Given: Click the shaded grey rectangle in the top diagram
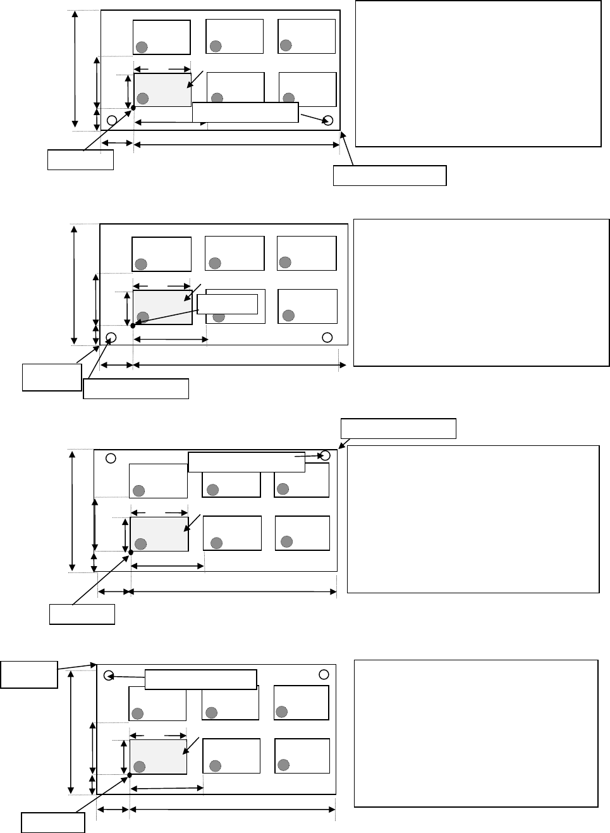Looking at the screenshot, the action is pyautogui.click(x=162, y=89).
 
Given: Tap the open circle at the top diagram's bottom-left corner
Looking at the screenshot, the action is pyautogui.click(x=112, y=120).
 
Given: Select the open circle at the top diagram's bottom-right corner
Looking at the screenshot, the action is pyautogui.click(x=328, y=121).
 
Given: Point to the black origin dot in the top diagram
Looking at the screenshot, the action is pyautogui.click(x=134, y=108).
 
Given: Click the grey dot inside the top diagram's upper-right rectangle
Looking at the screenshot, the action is pyautogui.click(x=286, y=45).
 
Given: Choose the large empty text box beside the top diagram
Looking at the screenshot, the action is pyautogui.click(x=478, y=74).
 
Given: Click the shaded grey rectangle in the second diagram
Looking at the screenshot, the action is pyautogui.click(x=162, y=307).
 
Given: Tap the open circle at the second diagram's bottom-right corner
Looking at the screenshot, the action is pyautogui.click(x=327, y=336).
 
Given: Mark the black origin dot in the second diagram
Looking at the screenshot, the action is pyautogui.click(x=133, y=326).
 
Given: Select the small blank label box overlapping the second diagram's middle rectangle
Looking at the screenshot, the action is pyautogui.click(x=228, y=304).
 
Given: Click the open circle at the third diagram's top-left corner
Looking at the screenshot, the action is pyautogui.click(x=110, y=458).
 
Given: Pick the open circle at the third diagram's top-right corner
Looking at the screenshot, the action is pyautogui.click(x=326, y=455).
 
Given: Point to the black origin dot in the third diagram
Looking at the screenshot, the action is pyautogui.click(x=131, y=552).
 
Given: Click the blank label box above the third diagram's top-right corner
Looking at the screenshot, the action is pyautogui.click(x=398, y=428).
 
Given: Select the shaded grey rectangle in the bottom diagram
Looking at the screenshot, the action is pyautogui.click(x=158, y=756).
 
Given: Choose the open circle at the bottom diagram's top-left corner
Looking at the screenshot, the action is pyautogui.click(x=108, y=675).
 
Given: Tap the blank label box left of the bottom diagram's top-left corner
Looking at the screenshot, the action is pyautogui.click(x=29, y=675).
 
